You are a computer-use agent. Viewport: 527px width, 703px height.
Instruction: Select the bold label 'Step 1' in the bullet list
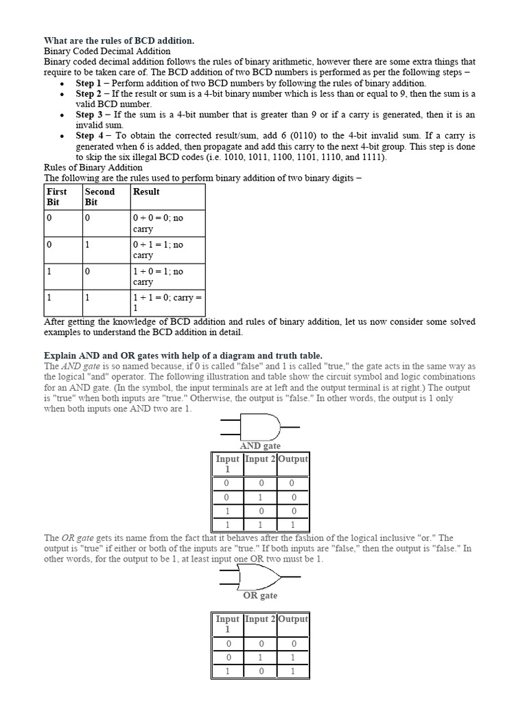click(x=89, y=83)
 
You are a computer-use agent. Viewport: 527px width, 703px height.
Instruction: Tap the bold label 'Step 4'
click(x=89, y=136)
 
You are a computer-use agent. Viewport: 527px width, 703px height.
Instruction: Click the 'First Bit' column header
click(x=56, y=197)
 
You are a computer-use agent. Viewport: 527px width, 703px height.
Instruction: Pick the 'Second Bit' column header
click(x=99, y=197)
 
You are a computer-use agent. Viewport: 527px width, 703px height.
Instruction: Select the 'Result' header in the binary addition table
click(x=147, y=192)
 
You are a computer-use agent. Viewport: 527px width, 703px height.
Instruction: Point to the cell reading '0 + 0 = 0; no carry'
click(x=159, y=223)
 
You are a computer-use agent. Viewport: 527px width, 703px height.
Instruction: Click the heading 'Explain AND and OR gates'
click(x=183, y=355)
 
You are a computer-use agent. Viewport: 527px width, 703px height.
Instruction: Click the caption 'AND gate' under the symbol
click(x=260, y=446)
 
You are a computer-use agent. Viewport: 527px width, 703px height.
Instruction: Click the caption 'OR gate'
click(x=260, y=595)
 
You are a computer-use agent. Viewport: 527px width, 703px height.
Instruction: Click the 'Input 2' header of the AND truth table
click(x=260, y=459)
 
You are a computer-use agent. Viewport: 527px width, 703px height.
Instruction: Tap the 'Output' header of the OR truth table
click(x=293, y=619)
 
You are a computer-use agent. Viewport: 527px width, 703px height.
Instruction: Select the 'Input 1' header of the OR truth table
click(x=227, y=623)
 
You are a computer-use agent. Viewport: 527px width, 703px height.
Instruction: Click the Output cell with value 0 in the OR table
click(x=293, y=644)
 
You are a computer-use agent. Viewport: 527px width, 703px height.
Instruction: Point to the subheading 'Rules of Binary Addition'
click(x=93, y=167)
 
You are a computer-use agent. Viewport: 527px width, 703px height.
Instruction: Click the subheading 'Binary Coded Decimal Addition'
click(x=107, y=51)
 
